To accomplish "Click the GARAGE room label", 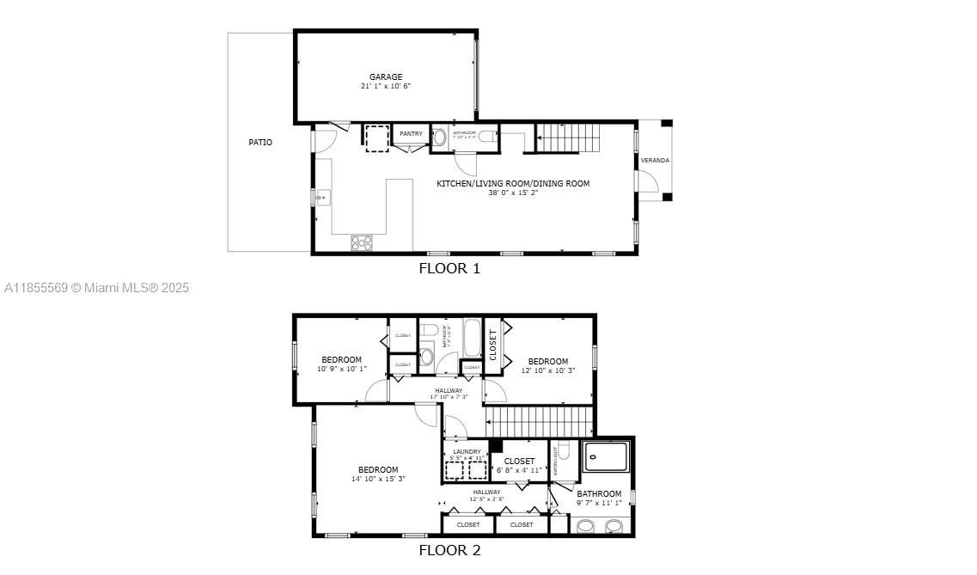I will click(386, 76).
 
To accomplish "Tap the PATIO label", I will click(260, 142).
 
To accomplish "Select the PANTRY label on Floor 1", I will click(411, 133).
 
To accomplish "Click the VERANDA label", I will click(655, 161).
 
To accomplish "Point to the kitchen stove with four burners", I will click(362, 243).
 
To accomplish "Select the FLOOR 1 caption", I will click(449, 268).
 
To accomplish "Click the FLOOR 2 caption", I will click(449, 551).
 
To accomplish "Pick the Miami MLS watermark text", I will click(96, 289).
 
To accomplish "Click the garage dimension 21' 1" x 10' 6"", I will click(386, 87).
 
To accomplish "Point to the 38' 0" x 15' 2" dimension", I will click(513, 193).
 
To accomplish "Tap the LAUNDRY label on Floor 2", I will click(467, 451).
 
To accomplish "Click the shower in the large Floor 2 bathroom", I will click(608, 456).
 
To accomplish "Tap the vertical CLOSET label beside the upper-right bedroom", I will click(493, 345).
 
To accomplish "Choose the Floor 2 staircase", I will click(540, 422).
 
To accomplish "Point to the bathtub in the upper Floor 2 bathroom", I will click(473, 339).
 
